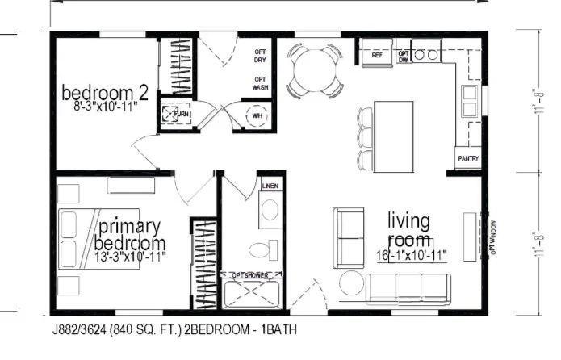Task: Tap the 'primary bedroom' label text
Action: click(x=129, y=234)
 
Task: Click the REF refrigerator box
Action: click(x=376, y=55)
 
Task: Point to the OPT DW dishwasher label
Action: click(x=403, y=56)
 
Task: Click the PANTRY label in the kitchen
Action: click(x=467, y=159)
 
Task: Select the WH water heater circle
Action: click(x=257, y=115)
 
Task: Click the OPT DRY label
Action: click(x=260, y=56)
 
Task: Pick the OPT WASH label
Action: click(x=260, y=82)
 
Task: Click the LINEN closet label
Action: click(x=270, y=186)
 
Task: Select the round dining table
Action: click(x=316, y=69)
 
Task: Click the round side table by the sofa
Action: click(x=352, y=283)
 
